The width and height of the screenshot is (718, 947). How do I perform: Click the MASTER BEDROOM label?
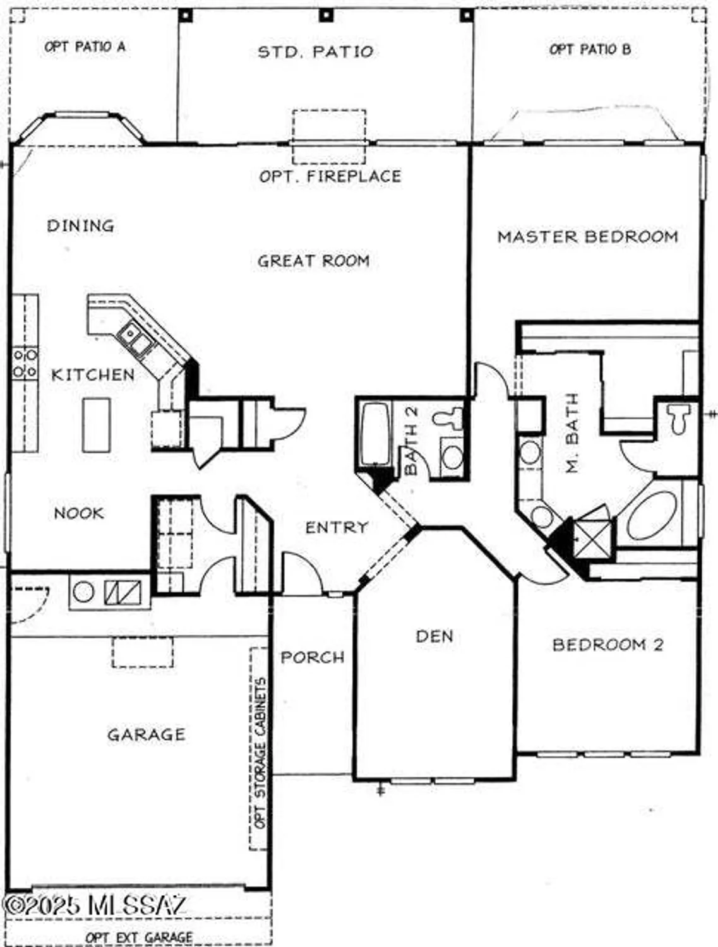tap(587, 237)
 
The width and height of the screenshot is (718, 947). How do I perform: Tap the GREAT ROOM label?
tap(313, 261)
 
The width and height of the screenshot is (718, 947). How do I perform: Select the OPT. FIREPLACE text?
tap(330, 176)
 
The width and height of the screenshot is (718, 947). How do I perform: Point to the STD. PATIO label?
tap(316, 52)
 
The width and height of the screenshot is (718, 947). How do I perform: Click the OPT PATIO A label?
tap(85, 47)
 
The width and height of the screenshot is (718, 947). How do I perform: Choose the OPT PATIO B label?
tap(590, 49)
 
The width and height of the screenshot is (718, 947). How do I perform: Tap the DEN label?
tap(434, 636)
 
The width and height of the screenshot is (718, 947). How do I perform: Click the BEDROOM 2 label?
tap(607, 645)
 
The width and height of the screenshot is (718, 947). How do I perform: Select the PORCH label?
tap(313, 657)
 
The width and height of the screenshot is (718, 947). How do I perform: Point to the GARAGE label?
tap(146, 735)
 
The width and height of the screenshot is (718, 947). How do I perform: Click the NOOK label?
tap(79, 513)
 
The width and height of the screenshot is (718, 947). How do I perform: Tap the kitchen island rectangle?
tap(96, 425)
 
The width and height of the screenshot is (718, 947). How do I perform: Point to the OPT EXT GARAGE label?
tap(139, 938)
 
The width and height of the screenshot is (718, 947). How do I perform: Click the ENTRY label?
tap(337, 527)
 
